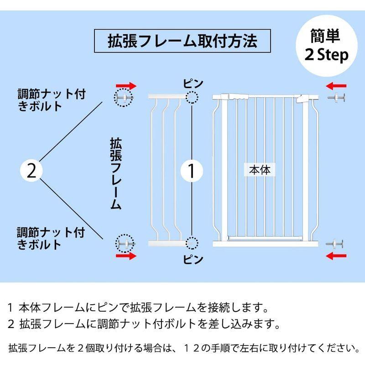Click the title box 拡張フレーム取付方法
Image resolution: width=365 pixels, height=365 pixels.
click(182, 42)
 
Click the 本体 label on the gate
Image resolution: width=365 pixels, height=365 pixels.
click(260, 170)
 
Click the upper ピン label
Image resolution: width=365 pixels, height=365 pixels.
click(193, 83)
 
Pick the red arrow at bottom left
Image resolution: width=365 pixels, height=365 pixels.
click(126, 256)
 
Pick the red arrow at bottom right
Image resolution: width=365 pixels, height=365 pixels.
click(337, 256)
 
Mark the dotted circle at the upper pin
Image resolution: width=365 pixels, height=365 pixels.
click(193, 97)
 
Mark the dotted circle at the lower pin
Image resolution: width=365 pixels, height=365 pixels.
click(193, 243)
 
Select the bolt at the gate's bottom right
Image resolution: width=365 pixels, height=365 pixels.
click(337, 243)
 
